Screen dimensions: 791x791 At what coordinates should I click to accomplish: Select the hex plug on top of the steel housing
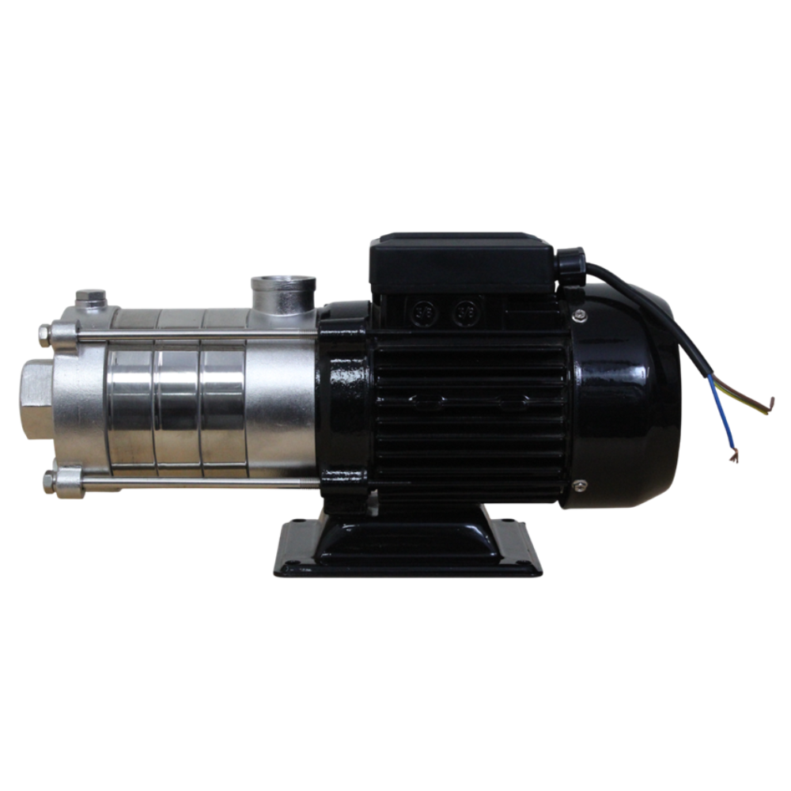(x=90, y=300)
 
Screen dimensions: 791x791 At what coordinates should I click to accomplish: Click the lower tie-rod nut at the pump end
(x=50, y=479)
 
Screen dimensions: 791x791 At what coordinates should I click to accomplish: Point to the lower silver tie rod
(x=198, y=480)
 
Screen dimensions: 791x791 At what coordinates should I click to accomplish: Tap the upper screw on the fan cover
(x=581, y=316)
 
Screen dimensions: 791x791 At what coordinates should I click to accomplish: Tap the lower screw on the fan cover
(x=581, y=484)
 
